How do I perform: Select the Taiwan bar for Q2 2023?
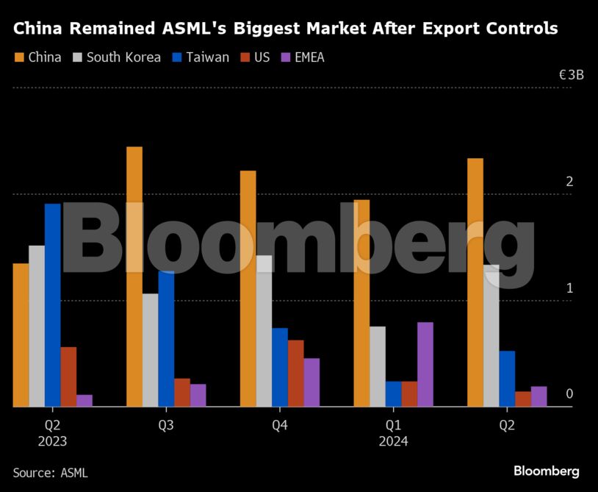53,304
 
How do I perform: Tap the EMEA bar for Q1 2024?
425,364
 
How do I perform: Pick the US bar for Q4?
295,373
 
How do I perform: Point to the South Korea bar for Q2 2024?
491,335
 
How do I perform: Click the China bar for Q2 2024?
475,282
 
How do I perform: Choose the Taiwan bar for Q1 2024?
393,393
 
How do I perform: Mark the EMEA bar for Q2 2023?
84,400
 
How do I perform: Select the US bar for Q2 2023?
68,377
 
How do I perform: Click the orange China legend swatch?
19,57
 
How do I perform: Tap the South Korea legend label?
123,57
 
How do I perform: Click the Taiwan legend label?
207,57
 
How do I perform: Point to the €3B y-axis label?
571,75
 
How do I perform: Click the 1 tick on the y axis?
569,288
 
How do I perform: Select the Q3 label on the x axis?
166,425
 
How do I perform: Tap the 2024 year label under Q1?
393,441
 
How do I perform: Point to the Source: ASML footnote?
50,472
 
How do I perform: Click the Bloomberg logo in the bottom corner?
546,471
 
